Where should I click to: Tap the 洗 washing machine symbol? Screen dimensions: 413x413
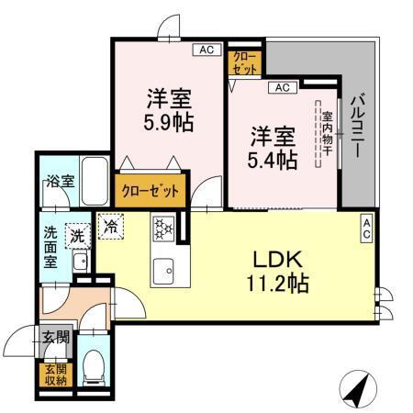[78, 235]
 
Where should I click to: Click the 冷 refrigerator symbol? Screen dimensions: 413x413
[110, 224]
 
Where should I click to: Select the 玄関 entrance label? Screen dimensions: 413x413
[54, 338]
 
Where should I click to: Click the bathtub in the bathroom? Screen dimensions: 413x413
[95, 174]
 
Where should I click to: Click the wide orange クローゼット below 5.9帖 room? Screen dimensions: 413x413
[151, 191]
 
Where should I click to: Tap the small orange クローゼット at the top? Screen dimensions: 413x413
[245, 61]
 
